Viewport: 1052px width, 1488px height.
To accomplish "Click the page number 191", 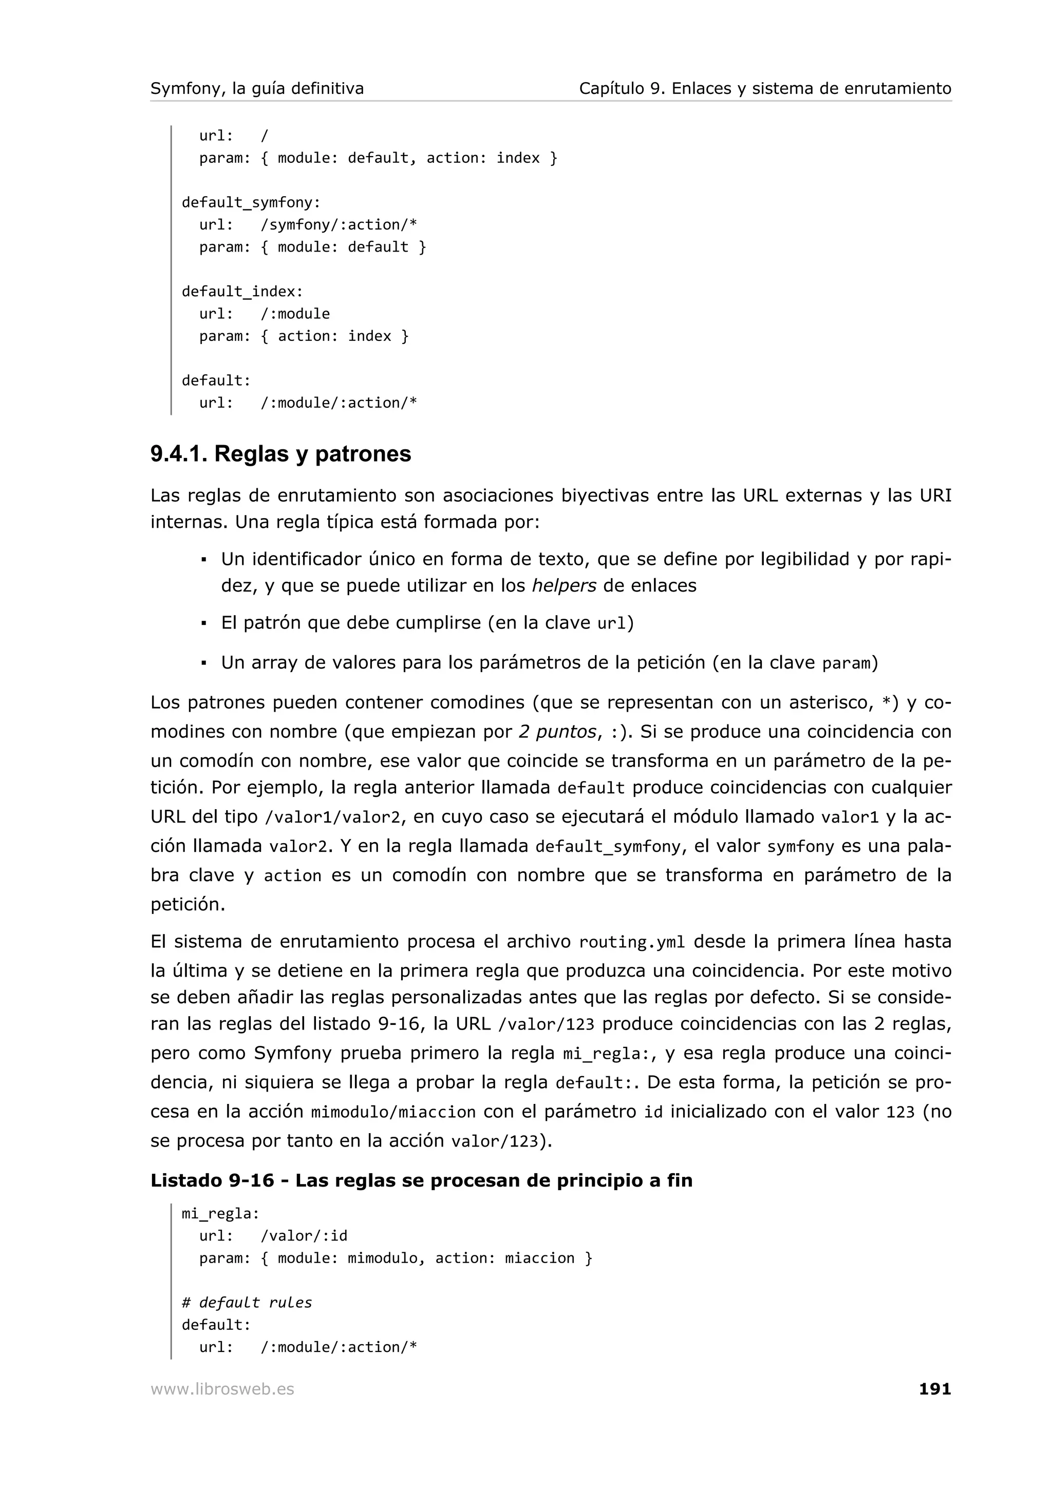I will pyautogui.click(x=935, y=1388).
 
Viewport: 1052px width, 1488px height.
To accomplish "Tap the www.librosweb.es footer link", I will pyautogui.click(x=222, y=1389).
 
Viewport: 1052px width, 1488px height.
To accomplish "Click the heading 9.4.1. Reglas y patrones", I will pyautogui.click(x=280, y=454).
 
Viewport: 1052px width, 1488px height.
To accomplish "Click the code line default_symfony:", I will pyautogui.click(x=251, y=203).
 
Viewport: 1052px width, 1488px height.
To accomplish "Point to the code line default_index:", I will pyautogui.click(x=242, y=292).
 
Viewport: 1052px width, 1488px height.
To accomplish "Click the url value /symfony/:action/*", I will pyautogui.click(x=339, y=225).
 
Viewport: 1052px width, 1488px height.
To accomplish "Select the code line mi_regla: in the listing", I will pyautogui.click(x=220, y=1213).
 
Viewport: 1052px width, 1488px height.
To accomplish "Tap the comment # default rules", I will pyautogui.click(x=247, y=1303).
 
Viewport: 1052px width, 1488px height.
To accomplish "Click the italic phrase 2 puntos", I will pyautogui.click(x=557, y=732).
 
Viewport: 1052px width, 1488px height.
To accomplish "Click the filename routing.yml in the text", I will pyautogui.click(x=631, y=942).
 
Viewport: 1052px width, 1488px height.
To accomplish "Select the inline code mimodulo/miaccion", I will pyautogui.click(x=393, y=1112).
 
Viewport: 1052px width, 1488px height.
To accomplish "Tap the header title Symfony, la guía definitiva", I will pyautogui.click(x=257, y=88).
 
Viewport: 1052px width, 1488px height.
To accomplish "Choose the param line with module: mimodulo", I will pyautogui.click(x=396, y=1258).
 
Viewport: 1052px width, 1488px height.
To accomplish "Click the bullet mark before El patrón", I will pyautogui.click(x=203, y=623).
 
